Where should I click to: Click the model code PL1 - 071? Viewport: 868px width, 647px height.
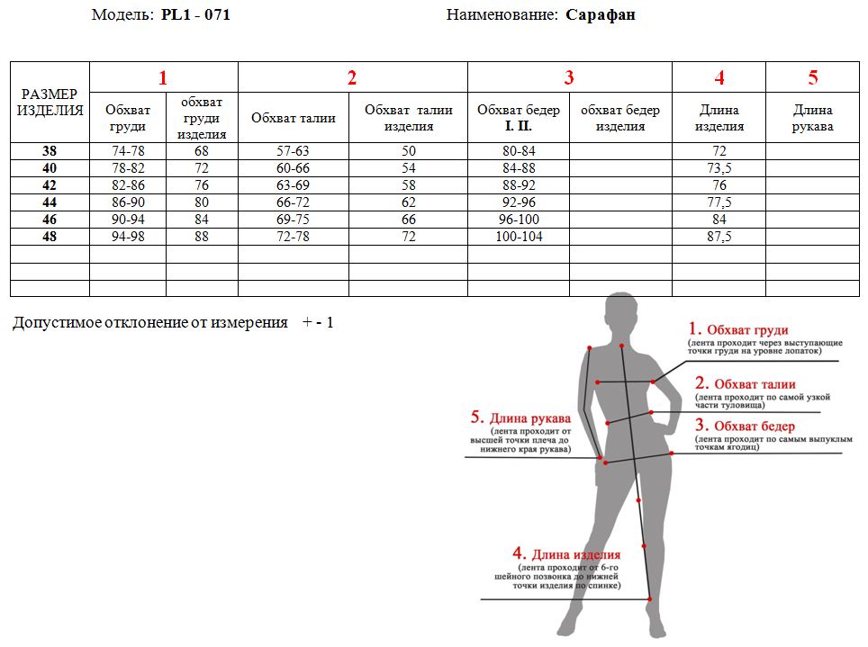click(195, 14)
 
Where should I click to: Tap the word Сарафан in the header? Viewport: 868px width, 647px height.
click(600, 14)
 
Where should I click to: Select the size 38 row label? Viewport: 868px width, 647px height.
click(50, 151)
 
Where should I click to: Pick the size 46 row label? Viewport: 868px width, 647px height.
click(50, 220)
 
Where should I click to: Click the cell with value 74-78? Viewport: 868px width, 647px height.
click(128, 151)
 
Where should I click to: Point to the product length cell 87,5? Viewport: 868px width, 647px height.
click(719, 237)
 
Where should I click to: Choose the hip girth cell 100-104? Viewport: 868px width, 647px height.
click(519, 237)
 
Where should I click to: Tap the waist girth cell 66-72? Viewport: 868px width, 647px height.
click(293, 202)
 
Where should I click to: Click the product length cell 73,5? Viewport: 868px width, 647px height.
click(719, 168)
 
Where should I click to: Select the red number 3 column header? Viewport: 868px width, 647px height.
click(569, 77)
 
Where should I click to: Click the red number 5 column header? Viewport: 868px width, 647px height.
click(813, 77)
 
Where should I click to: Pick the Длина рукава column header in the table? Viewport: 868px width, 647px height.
click(813, 118)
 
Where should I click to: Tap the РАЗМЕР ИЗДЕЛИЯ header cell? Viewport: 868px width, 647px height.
click(50, 103)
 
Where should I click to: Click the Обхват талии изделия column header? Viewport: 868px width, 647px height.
click(409, 118)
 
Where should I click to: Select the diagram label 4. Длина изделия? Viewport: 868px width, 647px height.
click(566, 553)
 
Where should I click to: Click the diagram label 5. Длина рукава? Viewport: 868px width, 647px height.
click(520, 418)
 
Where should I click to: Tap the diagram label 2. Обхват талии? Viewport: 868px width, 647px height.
click(746, 383)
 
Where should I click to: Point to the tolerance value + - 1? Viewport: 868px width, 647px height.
click(318, 323)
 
